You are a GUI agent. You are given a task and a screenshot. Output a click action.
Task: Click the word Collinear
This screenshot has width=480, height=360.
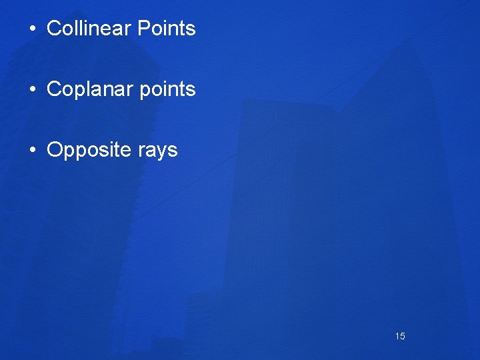coord(89,29)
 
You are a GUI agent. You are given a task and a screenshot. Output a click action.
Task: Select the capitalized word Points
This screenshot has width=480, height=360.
coord(166,29)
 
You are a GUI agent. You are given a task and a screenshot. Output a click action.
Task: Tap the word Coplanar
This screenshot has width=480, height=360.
coord(89,89)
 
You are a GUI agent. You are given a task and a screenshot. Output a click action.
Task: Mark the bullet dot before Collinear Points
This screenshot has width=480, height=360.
coord(32,29)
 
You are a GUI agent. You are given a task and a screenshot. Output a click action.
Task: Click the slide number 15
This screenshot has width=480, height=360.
coord(400,336)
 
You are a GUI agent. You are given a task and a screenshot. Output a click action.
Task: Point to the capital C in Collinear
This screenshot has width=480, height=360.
coord(55,29)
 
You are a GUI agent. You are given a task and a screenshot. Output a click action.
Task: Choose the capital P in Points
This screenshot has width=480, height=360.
coord(143,29)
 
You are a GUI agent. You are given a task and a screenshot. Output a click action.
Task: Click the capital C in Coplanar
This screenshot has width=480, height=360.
coord(55,89)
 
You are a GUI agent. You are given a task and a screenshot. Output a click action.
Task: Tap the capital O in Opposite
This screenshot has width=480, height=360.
coord(55,150)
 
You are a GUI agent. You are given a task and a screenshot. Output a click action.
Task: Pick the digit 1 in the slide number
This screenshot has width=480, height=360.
coord(397,336)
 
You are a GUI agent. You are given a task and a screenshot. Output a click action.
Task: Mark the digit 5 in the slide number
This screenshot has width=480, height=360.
coord(402,336)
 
